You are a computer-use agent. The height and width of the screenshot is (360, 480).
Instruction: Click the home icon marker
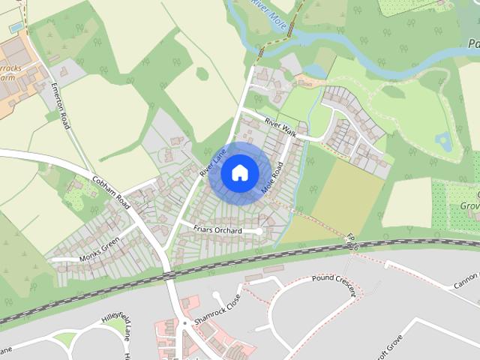tap(238, 173)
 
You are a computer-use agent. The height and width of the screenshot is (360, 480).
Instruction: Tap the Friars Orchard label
tap(217, 231)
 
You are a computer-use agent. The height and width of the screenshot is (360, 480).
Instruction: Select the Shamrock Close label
tap(217, 309)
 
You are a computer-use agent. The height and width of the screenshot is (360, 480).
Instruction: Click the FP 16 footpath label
tap(352, 241)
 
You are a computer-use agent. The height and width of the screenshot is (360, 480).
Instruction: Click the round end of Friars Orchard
tap(259, 231)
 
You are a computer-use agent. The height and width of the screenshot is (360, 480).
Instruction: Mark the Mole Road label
tap(271, 180)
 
